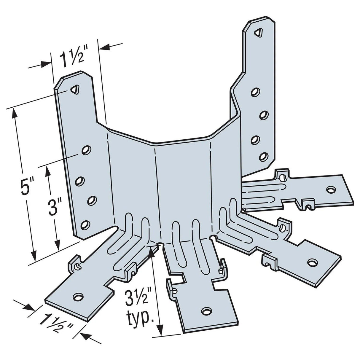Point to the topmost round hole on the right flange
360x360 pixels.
pos(254,92)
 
